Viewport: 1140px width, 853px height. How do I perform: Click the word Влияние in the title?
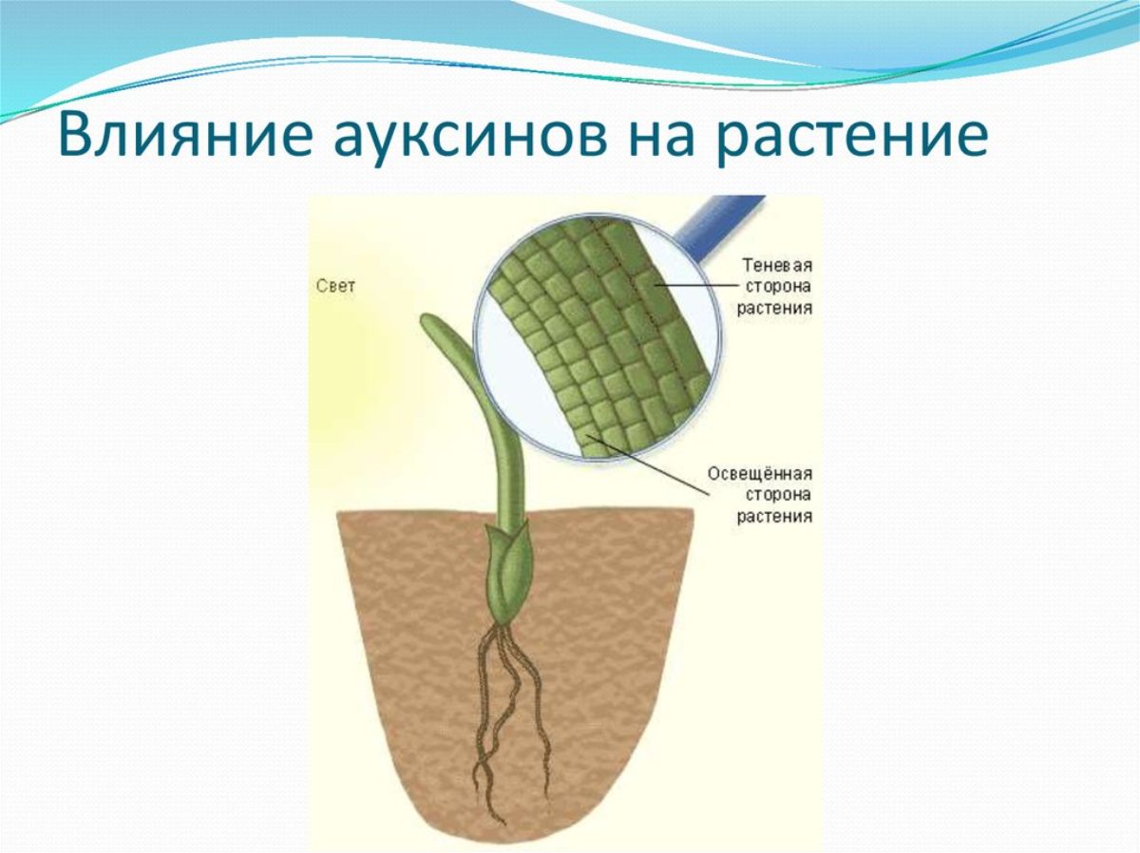(x=185, y=137)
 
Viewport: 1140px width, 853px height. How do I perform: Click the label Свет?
(x=335, y=286)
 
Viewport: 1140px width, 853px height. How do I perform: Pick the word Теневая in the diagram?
(x=777, y=265)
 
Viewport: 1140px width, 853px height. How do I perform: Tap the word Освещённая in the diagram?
(x=760, y=474)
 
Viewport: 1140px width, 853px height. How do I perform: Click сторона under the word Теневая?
(x=778, y=287)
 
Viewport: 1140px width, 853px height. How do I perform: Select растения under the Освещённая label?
(x=774, y=517)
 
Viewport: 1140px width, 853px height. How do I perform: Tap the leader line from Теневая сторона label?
(x=696, y=285)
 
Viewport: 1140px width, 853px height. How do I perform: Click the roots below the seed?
(x=510, y=722)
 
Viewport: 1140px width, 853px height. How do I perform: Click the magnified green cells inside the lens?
(x=598, y=337)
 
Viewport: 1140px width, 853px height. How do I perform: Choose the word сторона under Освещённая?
(x=778, y=495)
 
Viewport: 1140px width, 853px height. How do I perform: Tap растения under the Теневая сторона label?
(x=774, y=309)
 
